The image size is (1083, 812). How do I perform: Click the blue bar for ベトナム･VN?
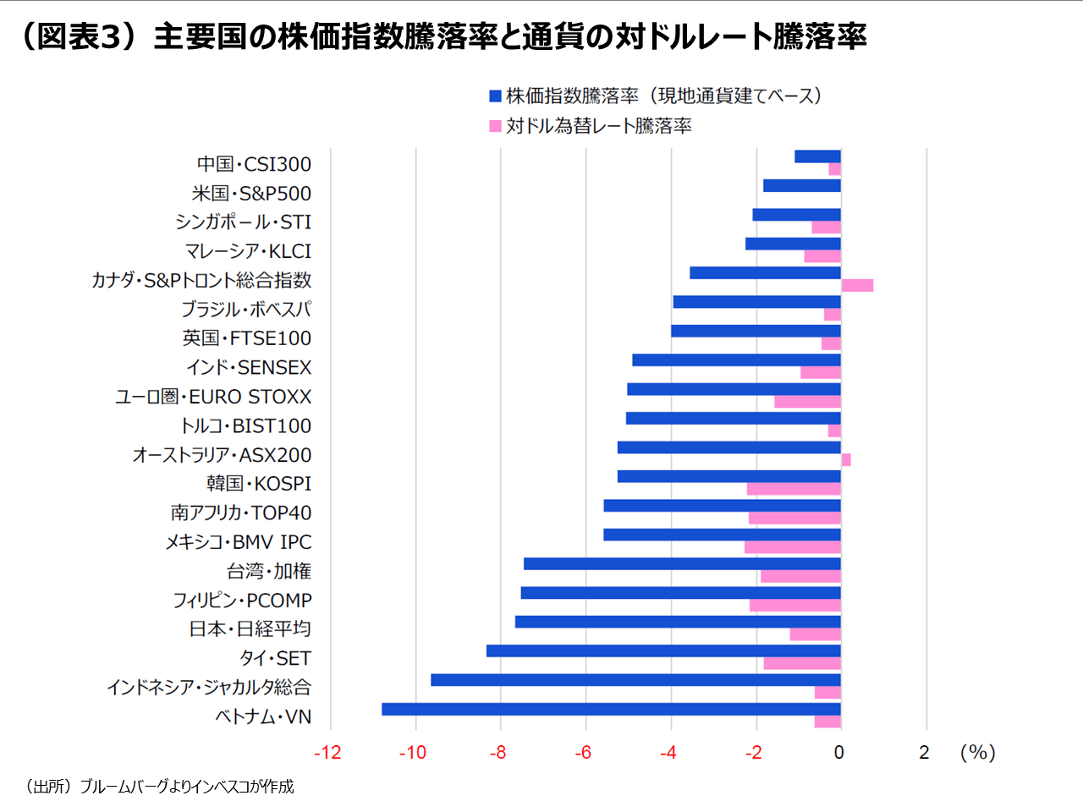click(611, 709)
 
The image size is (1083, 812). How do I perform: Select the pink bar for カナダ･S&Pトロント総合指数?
click(857, 285)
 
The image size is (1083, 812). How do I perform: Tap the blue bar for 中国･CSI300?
click(817, 156)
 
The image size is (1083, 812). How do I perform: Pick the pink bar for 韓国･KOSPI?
click(794, 489)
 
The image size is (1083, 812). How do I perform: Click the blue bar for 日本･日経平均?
click(678, 622)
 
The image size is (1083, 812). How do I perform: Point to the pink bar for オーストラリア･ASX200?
click(846, 460)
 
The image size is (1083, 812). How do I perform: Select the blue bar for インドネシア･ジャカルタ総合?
click(635, 680)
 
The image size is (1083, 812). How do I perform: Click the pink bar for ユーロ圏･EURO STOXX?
click(807, 402)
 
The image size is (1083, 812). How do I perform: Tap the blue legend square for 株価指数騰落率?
click(496, 96)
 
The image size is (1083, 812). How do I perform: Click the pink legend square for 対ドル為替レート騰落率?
click(496, 126)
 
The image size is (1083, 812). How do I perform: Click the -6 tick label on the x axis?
click(583, 753)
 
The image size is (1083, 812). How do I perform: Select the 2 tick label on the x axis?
click(925, 753)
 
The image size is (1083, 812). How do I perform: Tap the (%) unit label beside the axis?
click(977, 753)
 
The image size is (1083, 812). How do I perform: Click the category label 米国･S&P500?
click(251, 194)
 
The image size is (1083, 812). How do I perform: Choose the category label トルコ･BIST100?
click(245, 426)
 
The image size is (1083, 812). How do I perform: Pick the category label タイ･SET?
click(275, 658)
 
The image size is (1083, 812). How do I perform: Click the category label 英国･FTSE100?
click(247, 338)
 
